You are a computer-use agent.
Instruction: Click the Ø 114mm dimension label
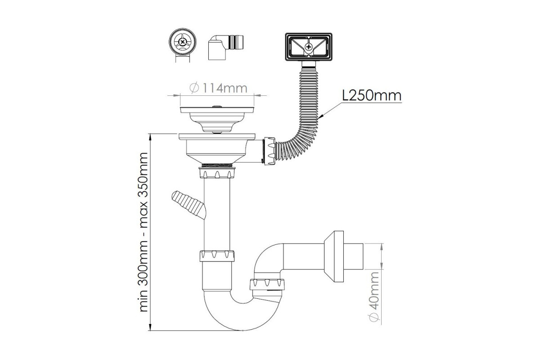click(x=218, y=88)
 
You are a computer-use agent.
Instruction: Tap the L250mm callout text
click(x=372, y=96)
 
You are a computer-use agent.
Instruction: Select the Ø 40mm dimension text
click(x=373, y=297)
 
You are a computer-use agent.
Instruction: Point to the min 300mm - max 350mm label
click(x=143, y=232)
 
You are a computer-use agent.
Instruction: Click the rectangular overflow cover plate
click(x=309, y=47)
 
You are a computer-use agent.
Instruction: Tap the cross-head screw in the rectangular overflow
click(x=309, y=46)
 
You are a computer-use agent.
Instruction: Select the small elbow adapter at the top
click(x=225, y=48)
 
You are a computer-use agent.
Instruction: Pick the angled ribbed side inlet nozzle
click(x=189, y=204)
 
